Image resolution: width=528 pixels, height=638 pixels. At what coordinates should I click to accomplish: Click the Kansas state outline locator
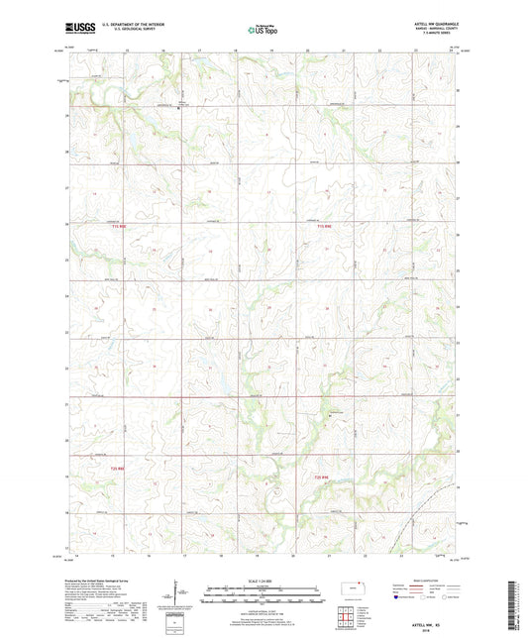tap(352, 589)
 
